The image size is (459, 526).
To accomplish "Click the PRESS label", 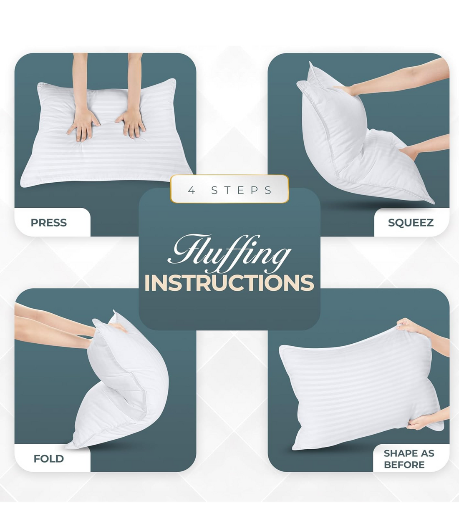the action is click(x=48, y=223).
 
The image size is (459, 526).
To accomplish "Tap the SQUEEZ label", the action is click(x=411, y=223).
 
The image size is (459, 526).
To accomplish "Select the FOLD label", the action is click(x=48, y=459).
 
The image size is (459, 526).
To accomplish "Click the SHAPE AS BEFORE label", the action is click(x=409, y=459).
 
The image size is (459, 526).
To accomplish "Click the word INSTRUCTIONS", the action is click(x=229, y=283).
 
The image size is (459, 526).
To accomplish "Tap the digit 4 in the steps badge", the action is click(x=191, y=191).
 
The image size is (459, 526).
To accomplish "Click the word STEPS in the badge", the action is click(x=241, y=191).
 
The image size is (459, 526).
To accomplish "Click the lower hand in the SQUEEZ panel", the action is click(x=410, y=152).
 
